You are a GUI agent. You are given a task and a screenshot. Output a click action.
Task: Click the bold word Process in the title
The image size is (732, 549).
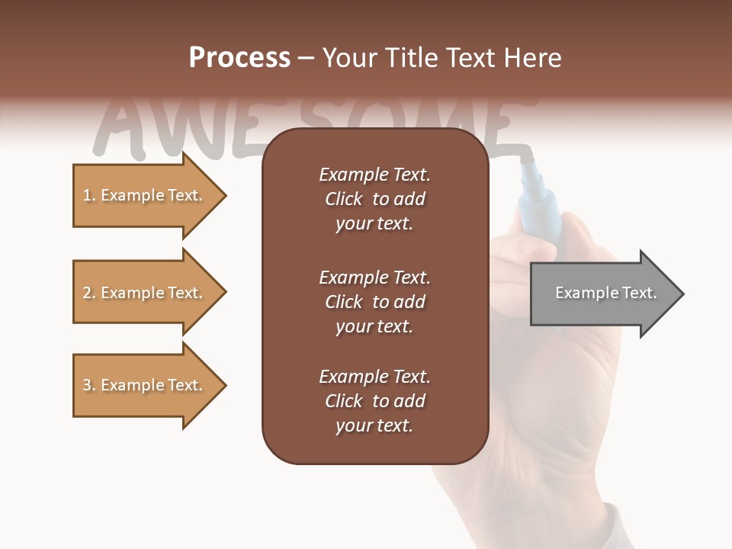pos(239,58)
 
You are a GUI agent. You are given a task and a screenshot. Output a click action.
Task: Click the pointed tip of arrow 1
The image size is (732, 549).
pos(223,196)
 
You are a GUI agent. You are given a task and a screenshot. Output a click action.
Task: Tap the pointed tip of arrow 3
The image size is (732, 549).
pos(223,385)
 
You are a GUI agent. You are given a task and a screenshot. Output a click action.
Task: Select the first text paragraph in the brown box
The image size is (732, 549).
pos(374,199)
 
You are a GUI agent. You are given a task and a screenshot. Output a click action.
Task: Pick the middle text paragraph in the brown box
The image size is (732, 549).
pos(374,302)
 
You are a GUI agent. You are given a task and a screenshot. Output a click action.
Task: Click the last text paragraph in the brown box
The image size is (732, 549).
pos(374,401)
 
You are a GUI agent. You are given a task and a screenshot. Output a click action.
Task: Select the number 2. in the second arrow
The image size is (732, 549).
pos(89,293)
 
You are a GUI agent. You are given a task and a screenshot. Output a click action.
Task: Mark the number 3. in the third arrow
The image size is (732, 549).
pos(89,385)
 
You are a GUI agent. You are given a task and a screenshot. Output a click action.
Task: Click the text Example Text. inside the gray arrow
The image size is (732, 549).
pos(605,293)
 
